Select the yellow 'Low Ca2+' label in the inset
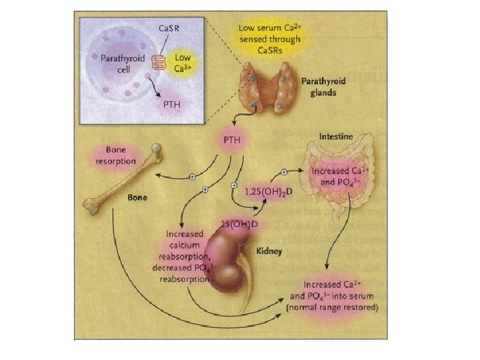(183, 63)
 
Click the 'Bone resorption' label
(116, 157)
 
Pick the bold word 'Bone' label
(137, 198)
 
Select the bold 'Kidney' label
(270, 251)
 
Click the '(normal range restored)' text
(331, 308)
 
